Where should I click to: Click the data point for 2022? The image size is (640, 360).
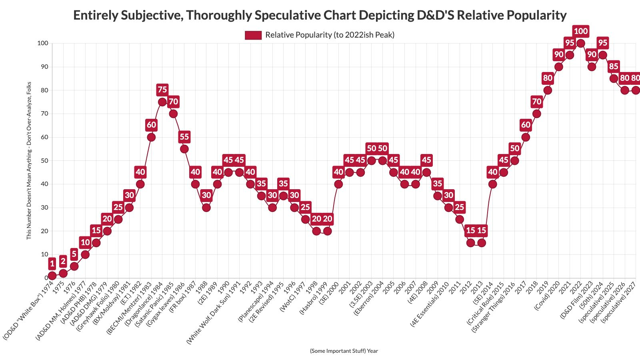click(581, 43)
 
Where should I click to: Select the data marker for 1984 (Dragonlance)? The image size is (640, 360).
click(162, 102)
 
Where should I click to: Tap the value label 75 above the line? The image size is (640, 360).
click(162, 90)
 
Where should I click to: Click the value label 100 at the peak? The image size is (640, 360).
click(581, 31)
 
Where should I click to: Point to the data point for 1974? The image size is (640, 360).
click(52, 276)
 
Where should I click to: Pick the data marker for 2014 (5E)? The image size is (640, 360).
click(492, 184)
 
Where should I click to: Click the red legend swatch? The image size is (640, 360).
click(253, 35)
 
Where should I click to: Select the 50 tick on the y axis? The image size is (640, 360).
click(43, 160)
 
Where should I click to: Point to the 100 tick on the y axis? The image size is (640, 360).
click(42, 43)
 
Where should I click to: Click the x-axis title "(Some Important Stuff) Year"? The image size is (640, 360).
click(344, 351)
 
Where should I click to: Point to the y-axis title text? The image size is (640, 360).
click(29, 160)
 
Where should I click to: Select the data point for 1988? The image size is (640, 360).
click(206, 208)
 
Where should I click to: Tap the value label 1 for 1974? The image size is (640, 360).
click(52, 263)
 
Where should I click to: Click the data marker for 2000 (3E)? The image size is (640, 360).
click(338, 184)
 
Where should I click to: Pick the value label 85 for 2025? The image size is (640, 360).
click(614, 66)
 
